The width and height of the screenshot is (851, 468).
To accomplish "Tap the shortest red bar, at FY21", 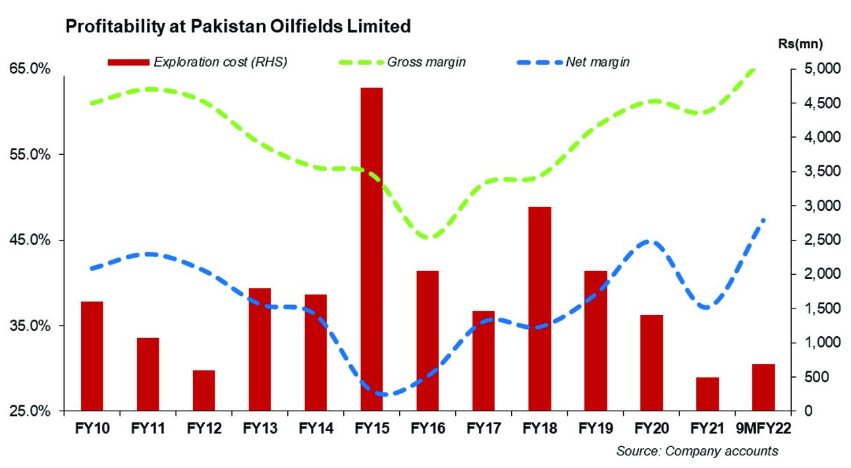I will (x=707, y=394).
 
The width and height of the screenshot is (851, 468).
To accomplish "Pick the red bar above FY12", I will (x=204, y=390).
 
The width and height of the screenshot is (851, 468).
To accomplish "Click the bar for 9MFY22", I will (x=763, y=387).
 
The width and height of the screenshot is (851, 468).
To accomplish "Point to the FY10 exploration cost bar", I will (x=92, y=356).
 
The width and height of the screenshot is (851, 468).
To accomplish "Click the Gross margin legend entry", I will (x=427, y=63).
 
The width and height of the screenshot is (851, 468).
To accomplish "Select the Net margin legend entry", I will (x=597, y=63).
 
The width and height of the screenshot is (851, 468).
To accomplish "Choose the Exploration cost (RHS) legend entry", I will (x=220, y=63).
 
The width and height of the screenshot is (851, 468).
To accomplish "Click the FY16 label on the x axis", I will (x=427, y=428).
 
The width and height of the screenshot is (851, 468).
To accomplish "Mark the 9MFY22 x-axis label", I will (x=764, y=428).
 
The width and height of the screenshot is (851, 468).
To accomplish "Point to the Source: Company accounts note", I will (x=697, y=452).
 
